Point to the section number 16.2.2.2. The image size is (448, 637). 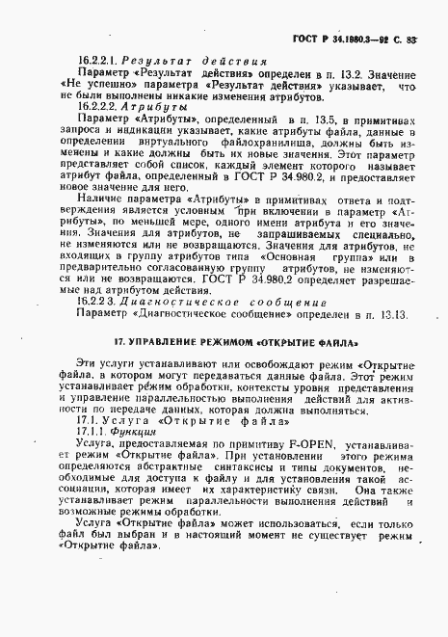(x=100, y=108)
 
